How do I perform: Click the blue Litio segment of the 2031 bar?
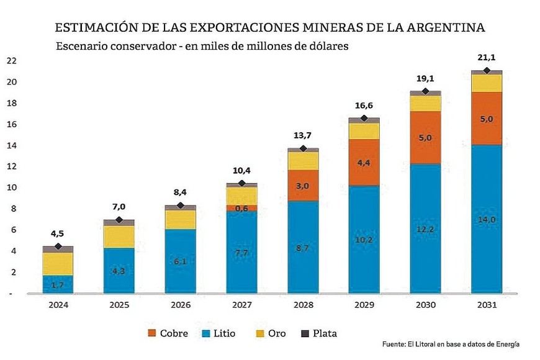(x=487, y=248)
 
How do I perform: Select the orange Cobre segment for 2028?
(x=303, y=186)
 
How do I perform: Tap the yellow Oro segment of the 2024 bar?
(x=58, y=263)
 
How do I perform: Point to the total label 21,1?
(x=487, y=59)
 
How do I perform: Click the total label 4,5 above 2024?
(x=58, y=234)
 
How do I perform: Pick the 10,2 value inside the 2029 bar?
(x=364, y=240)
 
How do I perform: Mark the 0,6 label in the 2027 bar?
(x=242, y=209)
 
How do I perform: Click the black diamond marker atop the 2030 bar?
(x=425, y=92)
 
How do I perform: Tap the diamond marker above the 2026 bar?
(x=181, y=205)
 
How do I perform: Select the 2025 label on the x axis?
(x=119, y=305)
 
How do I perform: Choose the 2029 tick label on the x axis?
(x=364, y=305)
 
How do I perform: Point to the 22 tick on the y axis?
(x=11, y=61)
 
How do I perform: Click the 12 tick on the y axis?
(x=11, y=166)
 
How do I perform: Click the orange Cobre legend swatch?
(x=151, y=333)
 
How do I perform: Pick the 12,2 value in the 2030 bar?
(x=425, y=229)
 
